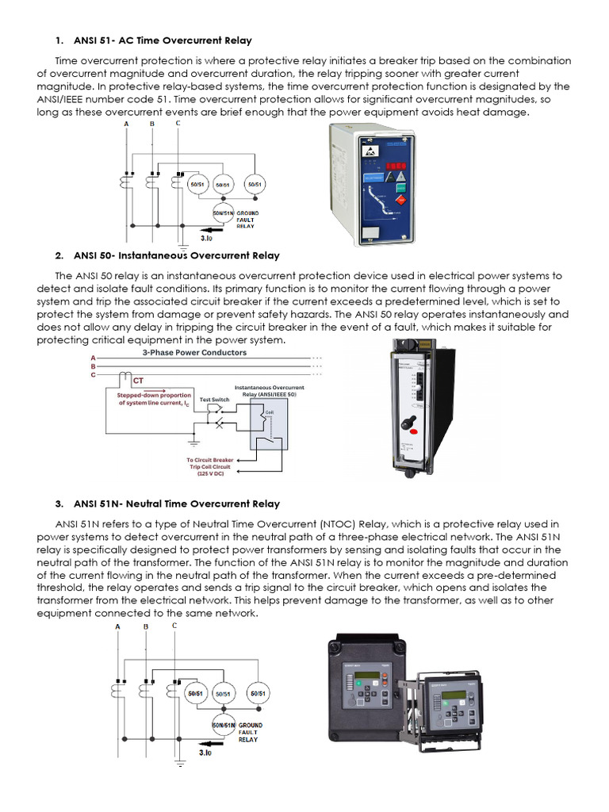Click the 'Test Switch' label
[214, 400]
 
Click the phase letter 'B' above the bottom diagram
[146, 626]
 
